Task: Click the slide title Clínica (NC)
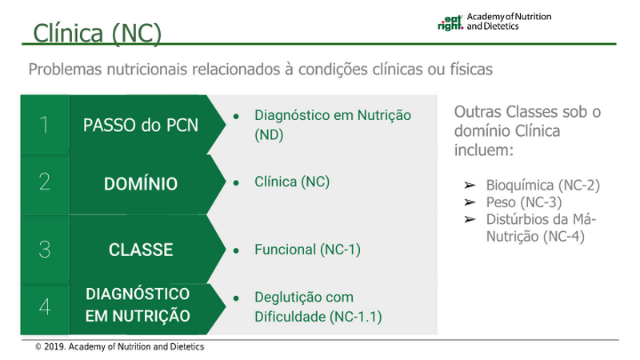[x=97, y=33]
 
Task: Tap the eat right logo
[x=450, y=23]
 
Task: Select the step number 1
[x=44, y=125]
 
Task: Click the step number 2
[x=45, y=182]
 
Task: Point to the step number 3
[x=45, y=250]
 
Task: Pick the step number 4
[x=45, y=306]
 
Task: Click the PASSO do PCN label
[x=141, y=126]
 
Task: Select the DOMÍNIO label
[x=141, y=184]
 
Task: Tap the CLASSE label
[x=141, y=250]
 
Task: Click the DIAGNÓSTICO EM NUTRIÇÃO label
[x=138, y=305]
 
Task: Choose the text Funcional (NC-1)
[x=307, y=250]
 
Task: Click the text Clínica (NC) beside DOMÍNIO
[x=292, y=182]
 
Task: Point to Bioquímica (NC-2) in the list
[x=543, y=186]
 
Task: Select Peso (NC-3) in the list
[x=524, y=202]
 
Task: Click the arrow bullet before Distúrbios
[x=470, y=219]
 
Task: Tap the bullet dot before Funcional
[x=236, y=250]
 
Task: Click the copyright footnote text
[x=119, y=347]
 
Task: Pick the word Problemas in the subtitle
[x=65, y=69]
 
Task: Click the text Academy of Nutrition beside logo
[x=509, y=17]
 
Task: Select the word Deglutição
[x=286, y=298]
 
